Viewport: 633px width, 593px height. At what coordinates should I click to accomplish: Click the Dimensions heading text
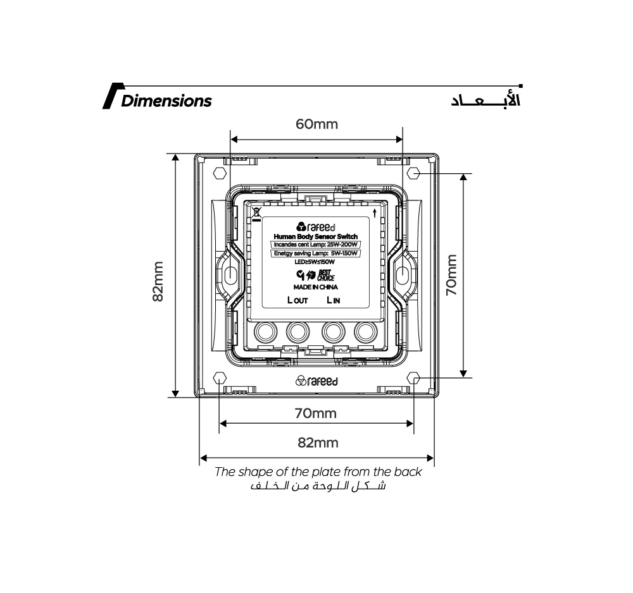click(166, 101)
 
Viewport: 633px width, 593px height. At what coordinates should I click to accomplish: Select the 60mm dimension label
click(316, 124)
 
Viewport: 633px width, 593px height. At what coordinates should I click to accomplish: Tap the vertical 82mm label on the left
click(158, 281)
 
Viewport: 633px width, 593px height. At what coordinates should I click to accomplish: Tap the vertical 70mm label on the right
click(451, 276)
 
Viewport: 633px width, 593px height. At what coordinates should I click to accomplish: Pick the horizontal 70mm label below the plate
click(315, 413)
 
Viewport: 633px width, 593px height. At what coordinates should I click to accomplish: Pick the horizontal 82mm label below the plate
click(318, 443)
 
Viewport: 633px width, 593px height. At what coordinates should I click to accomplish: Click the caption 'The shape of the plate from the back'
click(318, 472)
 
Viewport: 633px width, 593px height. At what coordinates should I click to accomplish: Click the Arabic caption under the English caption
click(318, 486)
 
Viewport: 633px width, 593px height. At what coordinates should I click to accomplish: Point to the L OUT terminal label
click(298, 300)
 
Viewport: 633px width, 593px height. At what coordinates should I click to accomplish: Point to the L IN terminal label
click(333, 300)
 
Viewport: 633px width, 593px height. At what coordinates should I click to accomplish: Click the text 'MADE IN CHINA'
click(315, 287)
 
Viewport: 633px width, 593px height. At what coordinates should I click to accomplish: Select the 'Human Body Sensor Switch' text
click(315, 236)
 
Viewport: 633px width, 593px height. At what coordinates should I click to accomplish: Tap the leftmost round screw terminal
click(264, 331)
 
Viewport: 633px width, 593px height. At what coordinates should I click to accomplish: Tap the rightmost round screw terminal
click(365, 331)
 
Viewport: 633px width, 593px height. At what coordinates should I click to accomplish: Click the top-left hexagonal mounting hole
click(220, 173)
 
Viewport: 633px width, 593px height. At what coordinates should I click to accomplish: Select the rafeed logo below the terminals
click(316, 381)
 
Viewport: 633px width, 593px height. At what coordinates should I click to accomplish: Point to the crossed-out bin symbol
click(256, 212)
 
